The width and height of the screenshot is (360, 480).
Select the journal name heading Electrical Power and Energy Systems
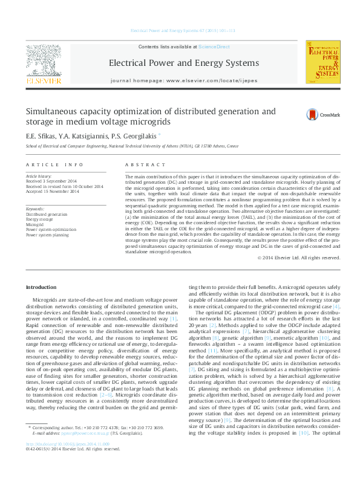(x=183, y=63)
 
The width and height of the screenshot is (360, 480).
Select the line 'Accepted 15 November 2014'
(x=52, y=192)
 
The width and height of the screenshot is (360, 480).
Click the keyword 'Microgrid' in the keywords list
(x=36, y=224)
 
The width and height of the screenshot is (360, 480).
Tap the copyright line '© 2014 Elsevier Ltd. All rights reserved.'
(x=298, y=258)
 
